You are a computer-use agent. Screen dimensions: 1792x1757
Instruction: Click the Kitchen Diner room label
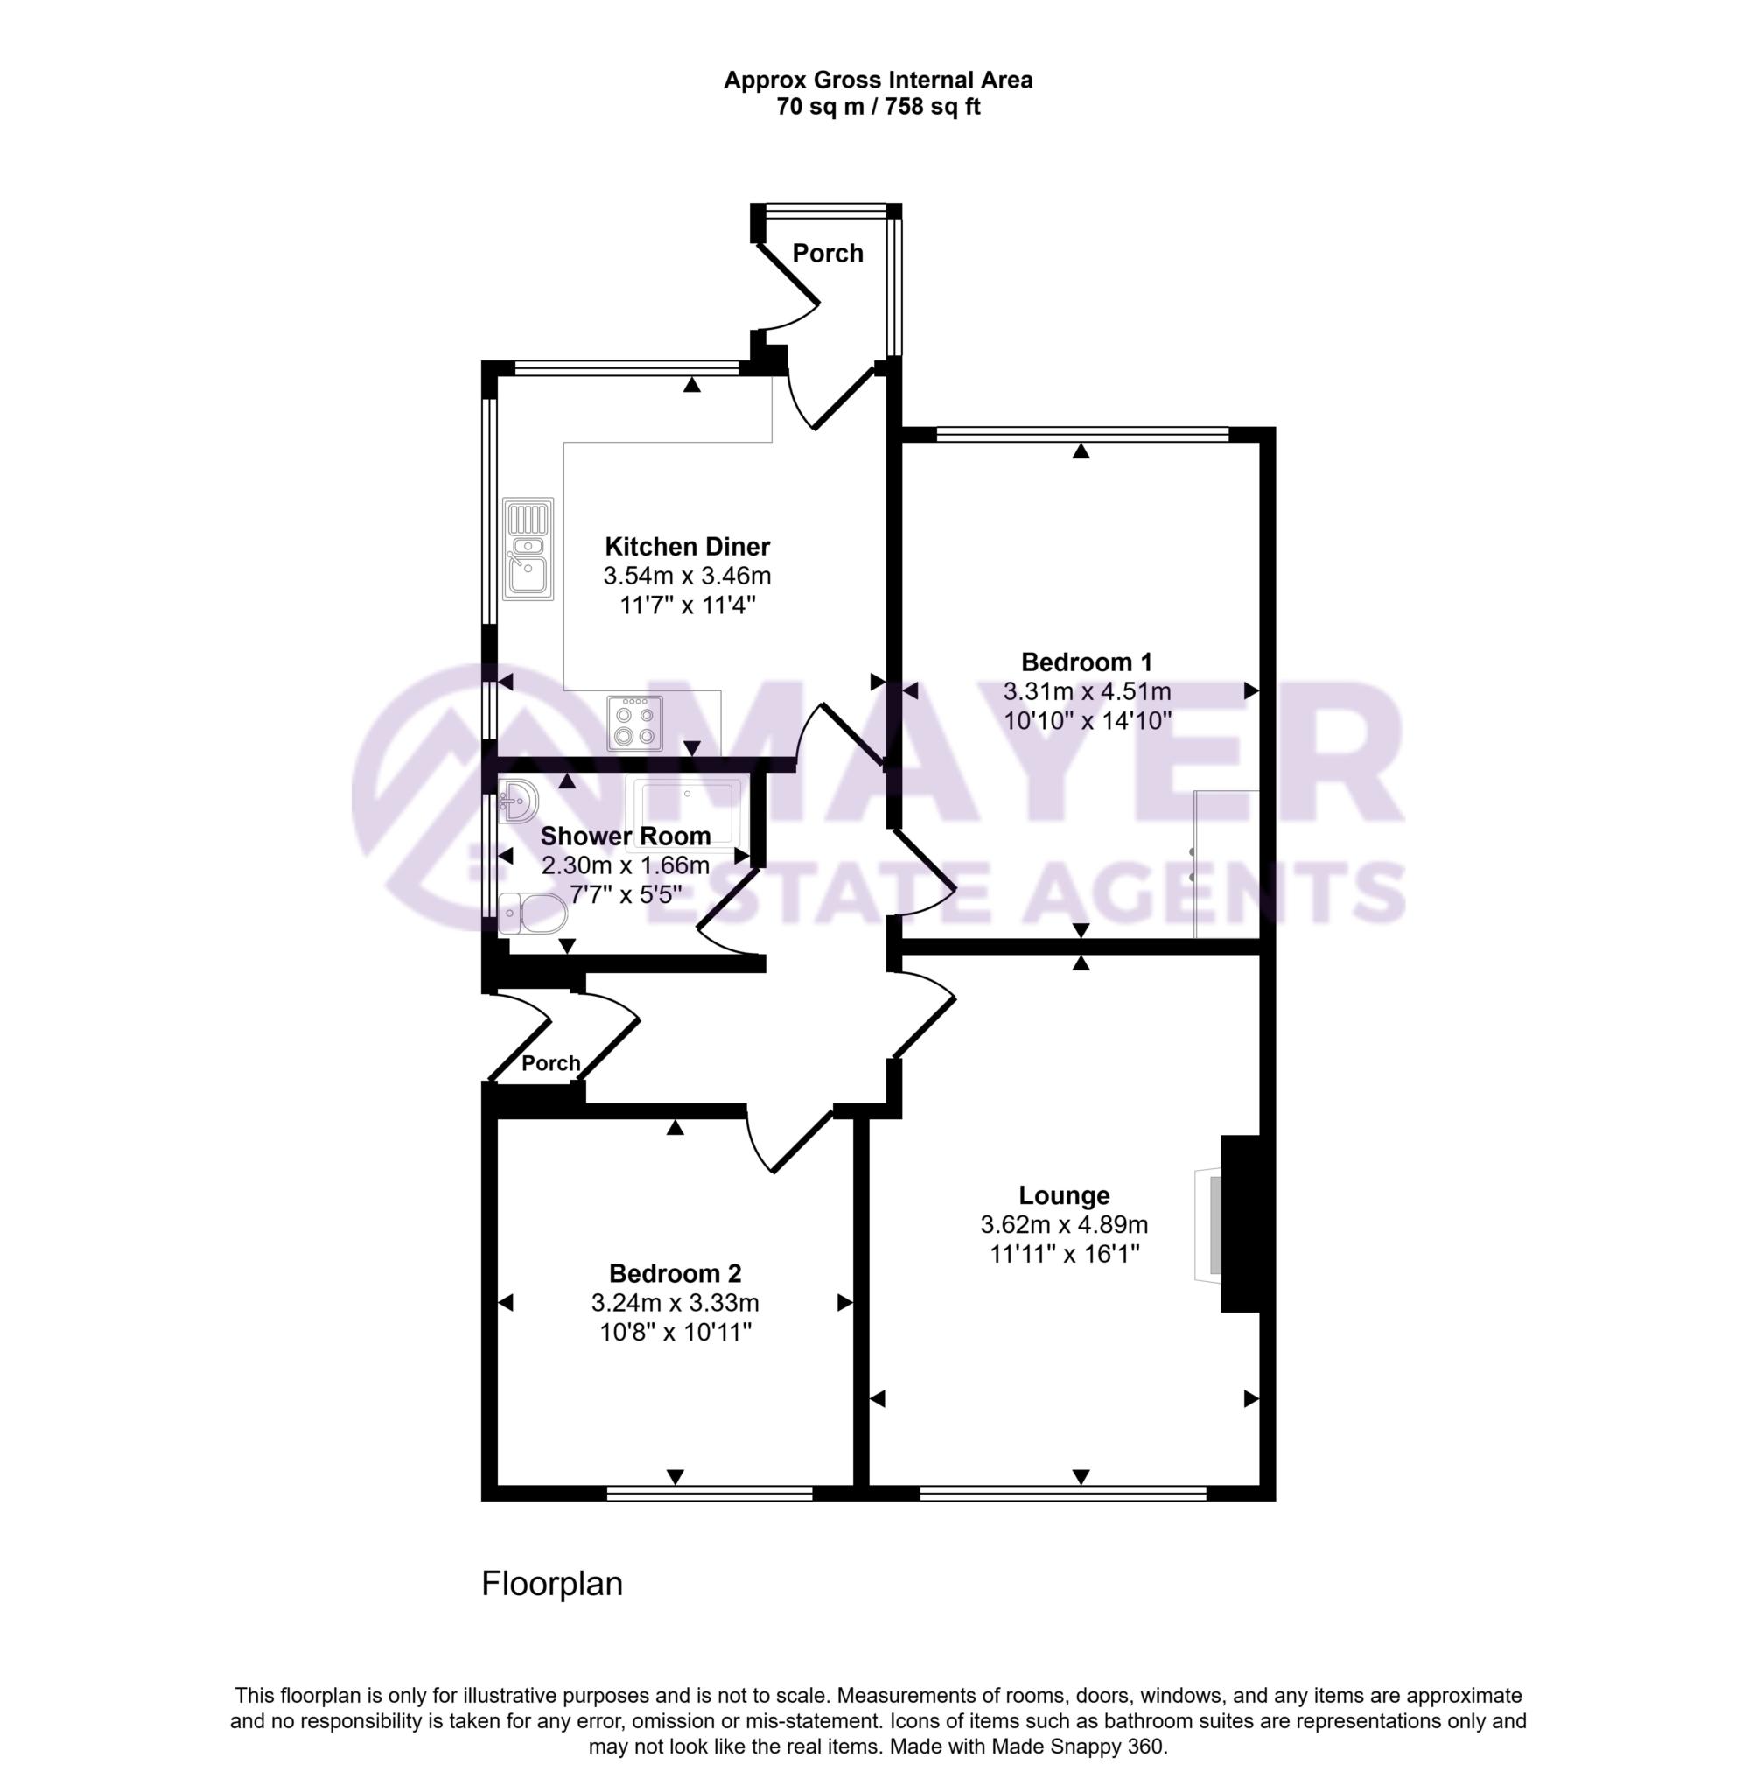(687, 546)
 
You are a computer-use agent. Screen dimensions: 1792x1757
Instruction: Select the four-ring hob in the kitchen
(634, 724)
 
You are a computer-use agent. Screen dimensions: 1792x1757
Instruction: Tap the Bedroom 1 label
(1086, 661)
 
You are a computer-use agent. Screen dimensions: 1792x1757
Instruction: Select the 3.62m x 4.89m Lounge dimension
(1063, 1224)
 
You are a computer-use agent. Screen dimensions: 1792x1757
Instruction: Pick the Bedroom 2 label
(675, 1273)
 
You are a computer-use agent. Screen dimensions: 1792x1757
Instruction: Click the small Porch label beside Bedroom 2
(551, 1063)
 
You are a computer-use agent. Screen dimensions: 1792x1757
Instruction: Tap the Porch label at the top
(828, 253)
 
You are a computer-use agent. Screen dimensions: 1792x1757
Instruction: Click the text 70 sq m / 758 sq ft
(878, 107)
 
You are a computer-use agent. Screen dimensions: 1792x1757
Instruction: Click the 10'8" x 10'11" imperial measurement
(675, 1333)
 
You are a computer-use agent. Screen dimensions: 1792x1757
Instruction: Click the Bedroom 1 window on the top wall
(1081, 433)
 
